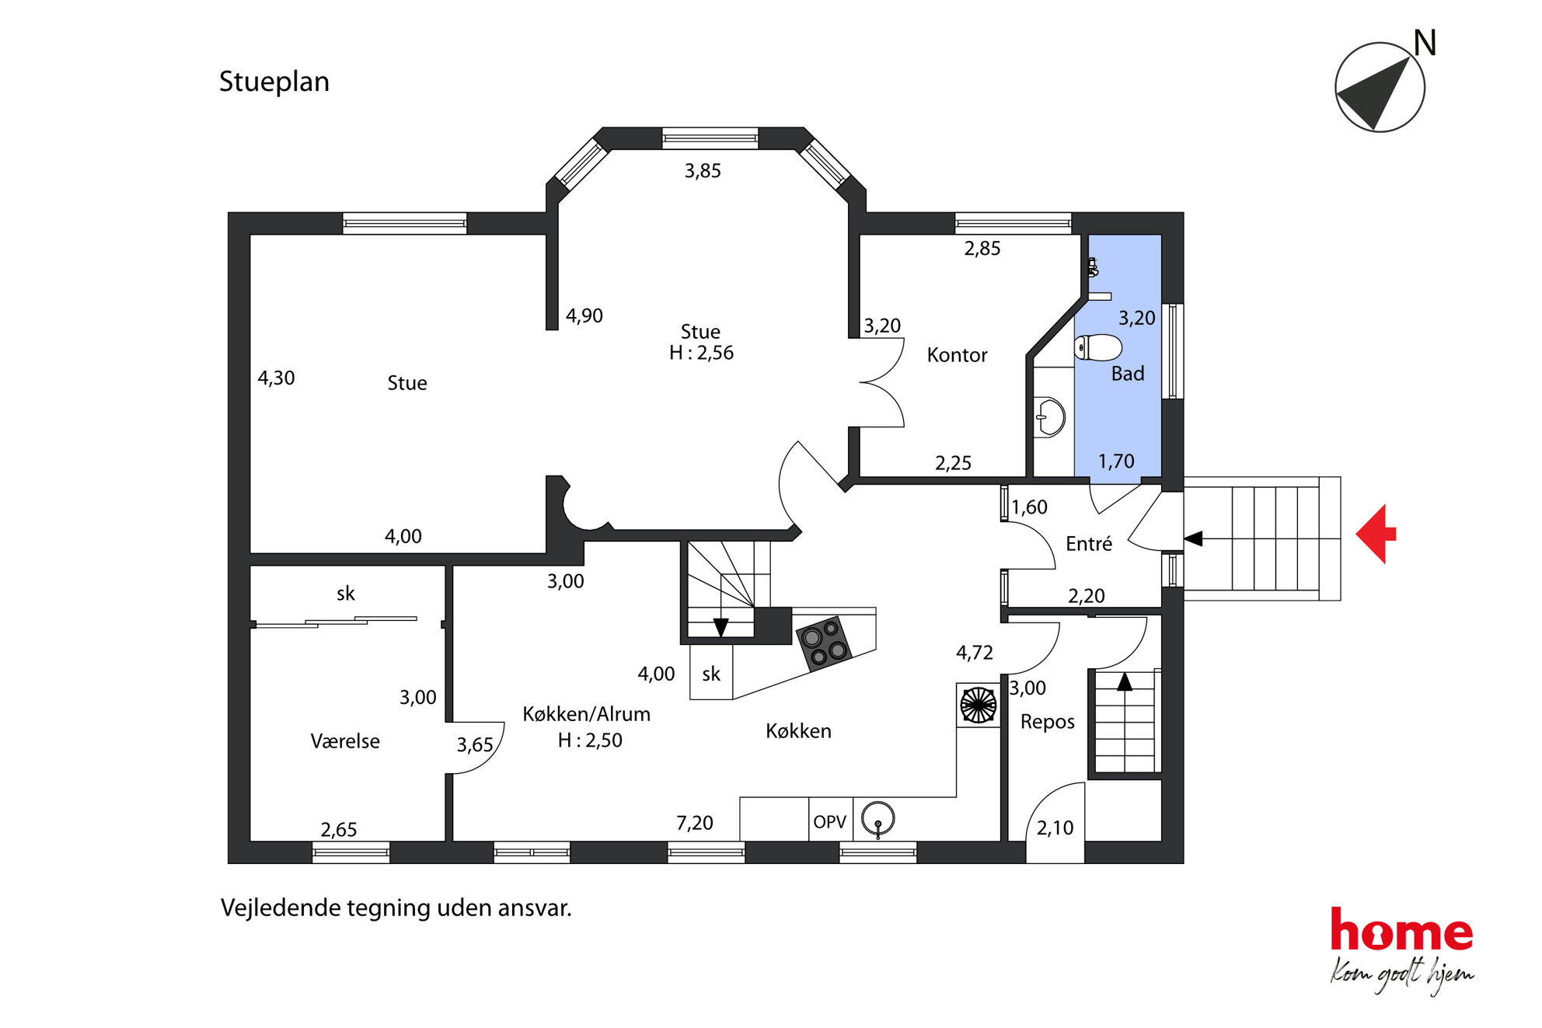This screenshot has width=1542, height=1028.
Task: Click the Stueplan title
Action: pyautogui.click(x=274, y=82)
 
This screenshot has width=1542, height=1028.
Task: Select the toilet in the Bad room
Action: pyautogui.click(x=1097, y=347)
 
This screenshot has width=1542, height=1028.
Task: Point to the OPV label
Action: pyautogui.click(x=829, y=821)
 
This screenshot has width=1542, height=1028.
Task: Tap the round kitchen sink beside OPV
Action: pyautogui.click(x=878, y=818)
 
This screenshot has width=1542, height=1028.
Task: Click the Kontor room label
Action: pyautogui.click(x=957, y=355)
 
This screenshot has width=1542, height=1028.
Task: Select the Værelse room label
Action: pyautogui.click(x=345, y=741)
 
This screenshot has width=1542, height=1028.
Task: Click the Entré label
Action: pyautogui.click(x=1089, y=544)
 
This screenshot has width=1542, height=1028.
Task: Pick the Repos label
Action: pyautogui.click(x=1047, y=722)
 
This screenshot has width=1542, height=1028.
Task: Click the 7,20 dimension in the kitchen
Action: pyautogui.click(x=694, y=823)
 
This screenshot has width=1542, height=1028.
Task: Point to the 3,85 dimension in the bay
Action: pyautogui.click(x=703, y=171)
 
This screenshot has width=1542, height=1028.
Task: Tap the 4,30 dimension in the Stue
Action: pyautogui.click(x=276, y=378)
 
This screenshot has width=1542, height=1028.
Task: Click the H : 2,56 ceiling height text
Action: pyautogui.click(x=701, y=353)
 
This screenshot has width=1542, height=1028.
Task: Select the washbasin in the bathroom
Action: pyautogui.click(x=1050, y=417)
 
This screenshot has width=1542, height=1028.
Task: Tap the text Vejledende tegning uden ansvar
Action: pyautogui.click(x=396, y=908)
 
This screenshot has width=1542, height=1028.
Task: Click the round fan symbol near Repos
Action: pyautogui.click(x=978, y=706)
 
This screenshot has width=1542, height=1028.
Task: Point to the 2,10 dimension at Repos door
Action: pyautogui.click(x=1055, y=828)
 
